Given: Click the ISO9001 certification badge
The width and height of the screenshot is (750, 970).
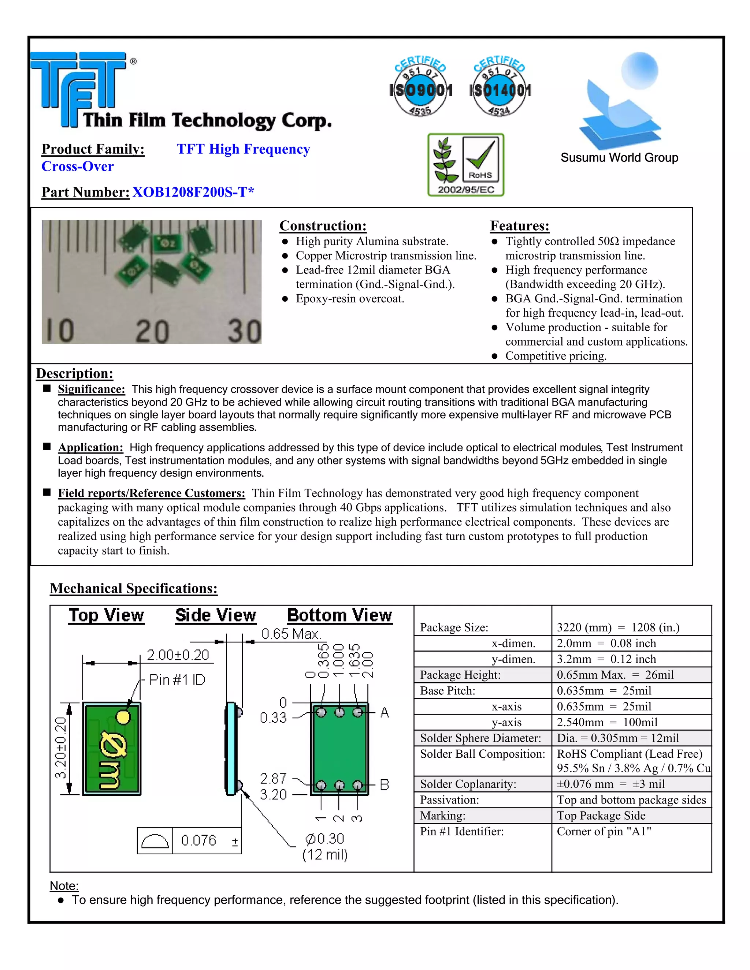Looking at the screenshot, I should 420,87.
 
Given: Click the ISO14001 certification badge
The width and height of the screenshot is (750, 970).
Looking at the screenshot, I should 500,87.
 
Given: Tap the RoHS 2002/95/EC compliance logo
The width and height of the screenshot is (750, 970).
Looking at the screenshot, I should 466,165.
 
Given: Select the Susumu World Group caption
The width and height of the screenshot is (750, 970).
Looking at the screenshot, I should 619,158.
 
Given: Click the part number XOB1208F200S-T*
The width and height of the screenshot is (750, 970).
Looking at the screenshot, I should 193,192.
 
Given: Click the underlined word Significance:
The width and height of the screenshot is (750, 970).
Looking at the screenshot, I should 92,389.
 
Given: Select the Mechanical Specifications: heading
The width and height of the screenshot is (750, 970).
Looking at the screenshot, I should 133,588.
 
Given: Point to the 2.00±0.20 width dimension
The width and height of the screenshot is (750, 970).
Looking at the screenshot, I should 178,655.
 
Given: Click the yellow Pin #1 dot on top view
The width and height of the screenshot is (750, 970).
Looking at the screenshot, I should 123,716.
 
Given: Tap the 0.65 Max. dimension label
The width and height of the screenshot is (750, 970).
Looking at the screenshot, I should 291,634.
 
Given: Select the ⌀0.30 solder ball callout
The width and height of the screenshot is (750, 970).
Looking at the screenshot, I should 325,839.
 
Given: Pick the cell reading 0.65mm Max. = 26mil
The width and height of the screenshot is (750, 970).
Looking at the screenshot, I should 615,675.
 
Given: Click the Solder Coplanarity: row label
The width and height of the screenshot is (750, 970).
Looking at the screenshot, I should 468,784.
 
